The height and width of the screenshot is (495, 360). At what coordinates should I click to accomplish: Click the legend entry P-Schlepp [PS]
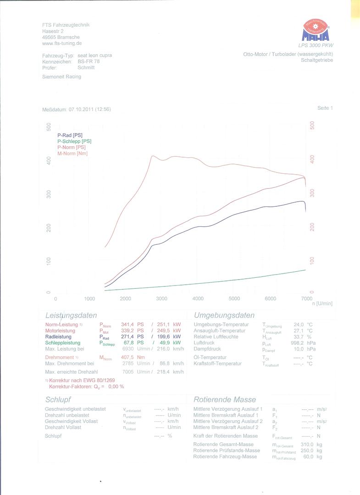point(74,141)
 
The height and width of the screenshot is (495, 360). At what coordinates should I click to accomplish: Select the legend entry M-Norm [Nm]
point(72,153)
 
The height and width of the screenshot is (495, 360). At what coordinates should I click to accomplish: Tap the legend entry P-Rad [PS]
point(70,135)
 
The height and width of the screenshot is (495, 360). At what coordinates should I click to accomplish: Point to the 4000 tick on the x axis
point(198,299)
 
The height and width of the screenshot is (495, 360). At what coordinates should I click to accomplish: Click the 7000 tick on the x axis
point(306,299)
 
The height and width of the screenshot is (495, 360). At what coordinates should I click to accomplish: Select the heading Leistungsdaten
point(71,315)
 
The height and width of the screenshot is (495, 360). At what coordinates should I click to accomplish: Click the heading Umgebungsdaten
point(224,315)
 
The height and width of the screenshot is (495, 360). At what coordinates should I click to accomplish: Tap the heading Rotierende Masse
point(225,399)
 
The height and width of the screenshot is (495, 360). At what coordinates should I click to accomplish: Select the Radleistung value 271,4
point(126,336)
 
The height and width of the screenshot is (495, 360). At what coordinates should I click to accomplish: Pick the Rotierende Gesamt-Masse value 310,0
point(307,444)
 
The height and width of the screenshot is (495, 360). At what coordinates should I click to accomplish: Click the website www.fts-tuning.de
point(62,43)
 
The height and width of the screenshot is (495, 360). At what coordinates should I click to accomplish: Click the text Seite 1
point(325,108)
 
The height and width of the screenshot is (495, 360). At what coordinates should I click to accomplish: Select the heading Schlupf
point(59,400)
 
